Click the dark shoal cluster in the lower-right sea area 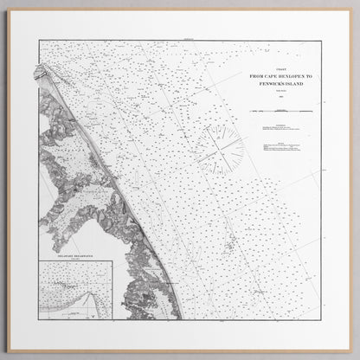pyautogui.click(x=229, y=248)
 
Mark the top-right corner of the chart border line pyautogui.click(x=322, y=41)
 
